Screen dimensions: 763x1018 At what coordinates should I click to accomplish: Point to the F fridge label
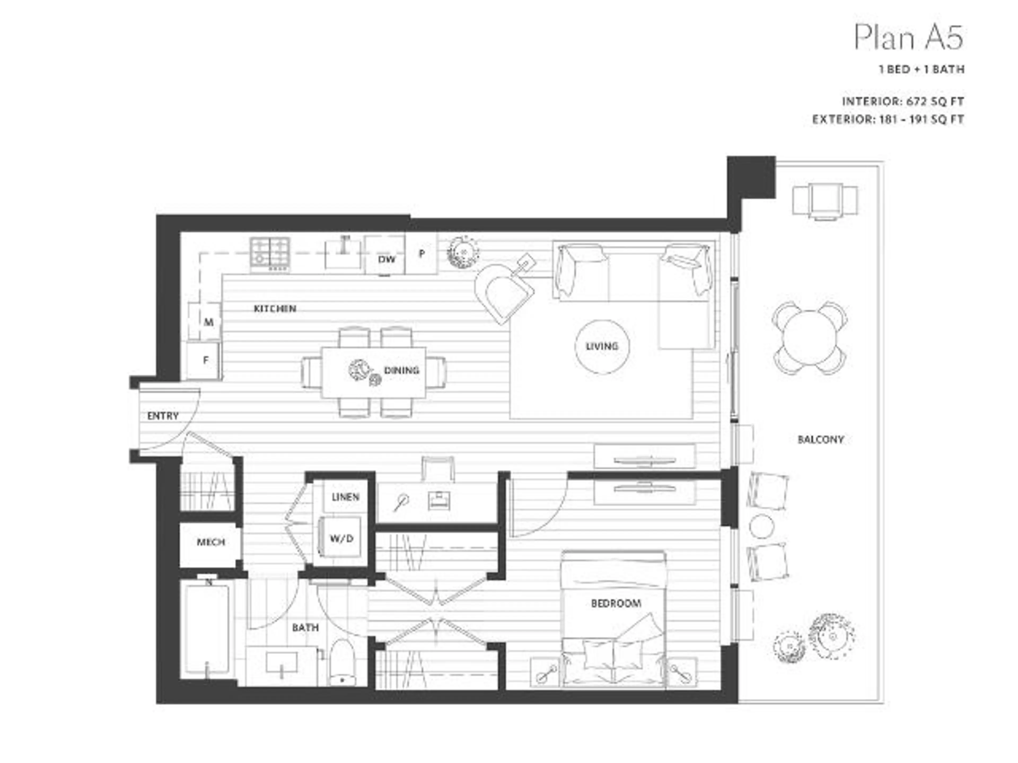206,360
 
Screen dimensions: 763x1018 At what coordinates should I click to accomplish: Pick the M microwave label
208,322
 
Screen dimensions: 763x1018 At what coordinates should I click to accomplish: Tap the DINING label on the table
401,370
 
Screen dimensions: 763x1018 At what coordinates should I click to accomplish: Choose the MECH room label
211,542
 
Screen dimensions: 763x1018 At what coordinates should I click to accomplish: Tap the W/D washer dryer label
341,538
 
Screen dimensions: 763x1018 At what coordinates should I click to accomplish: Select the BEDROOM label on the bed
616,603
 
